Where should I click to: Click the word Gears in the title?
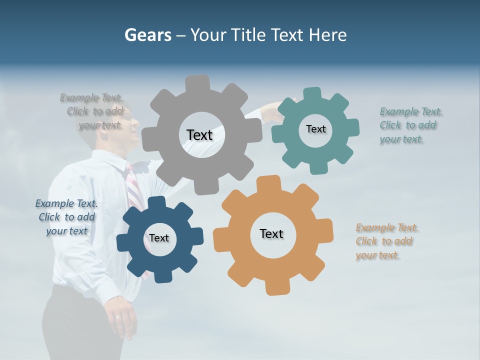click(x=148, y=35)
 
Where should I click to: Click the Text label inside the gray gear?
click(x=199, y=135)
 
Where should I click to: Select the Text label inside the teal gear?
click(x=315, y=129)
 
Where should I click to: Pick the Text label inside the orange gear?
click(x=271, y=233)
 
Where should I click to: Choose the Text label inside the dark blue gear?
click(x=159, y=238)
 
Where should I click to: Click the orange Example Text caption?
click(x=387, y=241)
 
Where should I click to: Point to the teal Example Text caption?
click(x=411, y=125)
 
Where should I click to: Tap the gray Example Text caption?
click(x=92, y=111)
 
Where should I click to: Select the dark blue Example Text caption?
click(x=66, y=217)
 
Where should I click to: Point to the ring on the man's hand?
click(x=117, y=317)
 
